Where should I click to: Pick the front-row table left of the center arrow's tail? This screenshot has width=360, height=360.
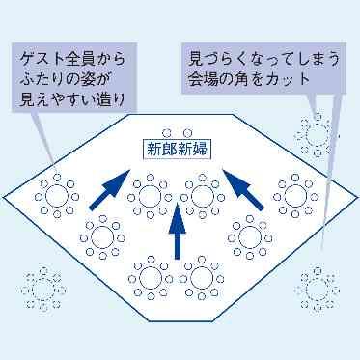click(148, 276)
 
